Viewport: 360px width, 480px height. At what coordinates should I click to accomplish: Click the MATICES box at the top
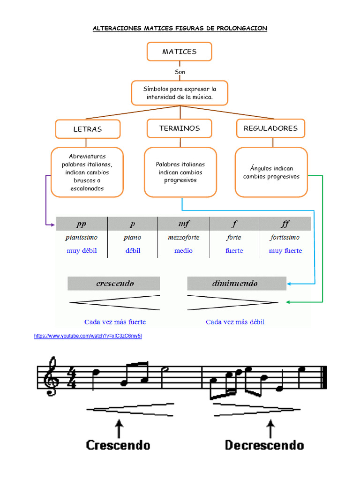179,52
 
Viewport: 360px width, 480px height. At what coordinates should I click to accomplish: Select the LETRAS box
88,129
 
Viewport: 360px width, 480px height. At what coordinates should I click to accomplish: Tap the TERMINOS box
179,128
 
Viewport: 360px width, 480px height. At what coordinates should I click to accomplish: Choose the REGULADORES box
270,128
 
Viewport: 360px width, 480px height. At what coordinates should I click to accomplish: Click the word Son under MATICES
180,72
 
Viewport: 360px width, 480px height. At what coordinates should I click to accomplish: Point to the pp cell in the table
82,224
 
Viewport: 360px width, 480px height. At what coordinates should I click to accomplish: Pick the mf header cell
184,224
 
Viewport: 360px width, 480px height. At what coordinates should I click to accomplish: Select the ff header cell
285,224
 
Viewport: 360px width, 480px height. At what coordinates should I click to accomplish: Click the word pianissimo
82,238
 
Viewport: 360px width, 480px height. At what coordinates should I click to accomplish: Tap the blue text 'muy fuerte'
285,251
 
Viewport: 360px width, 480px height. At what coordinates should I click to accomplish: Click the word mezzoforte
184,238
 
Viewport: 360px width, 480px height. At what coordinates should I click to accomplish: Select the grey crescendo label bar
114,284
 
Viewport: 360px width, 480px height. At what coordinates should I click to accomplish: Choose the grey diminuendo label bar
237,284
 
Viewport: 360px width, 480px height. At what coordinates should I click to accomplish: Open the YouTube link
88,336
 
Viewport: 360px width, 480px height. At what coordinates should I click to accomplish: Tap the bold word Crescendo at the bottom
118,445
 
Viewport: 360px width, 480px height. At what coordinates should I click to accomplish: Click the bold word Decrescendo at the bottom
264,445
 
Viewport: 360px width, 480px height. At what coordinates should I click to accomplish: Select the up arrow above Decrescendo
270,427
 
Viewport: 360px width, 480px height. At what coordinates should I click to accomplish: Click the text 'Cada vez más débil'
235,322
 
